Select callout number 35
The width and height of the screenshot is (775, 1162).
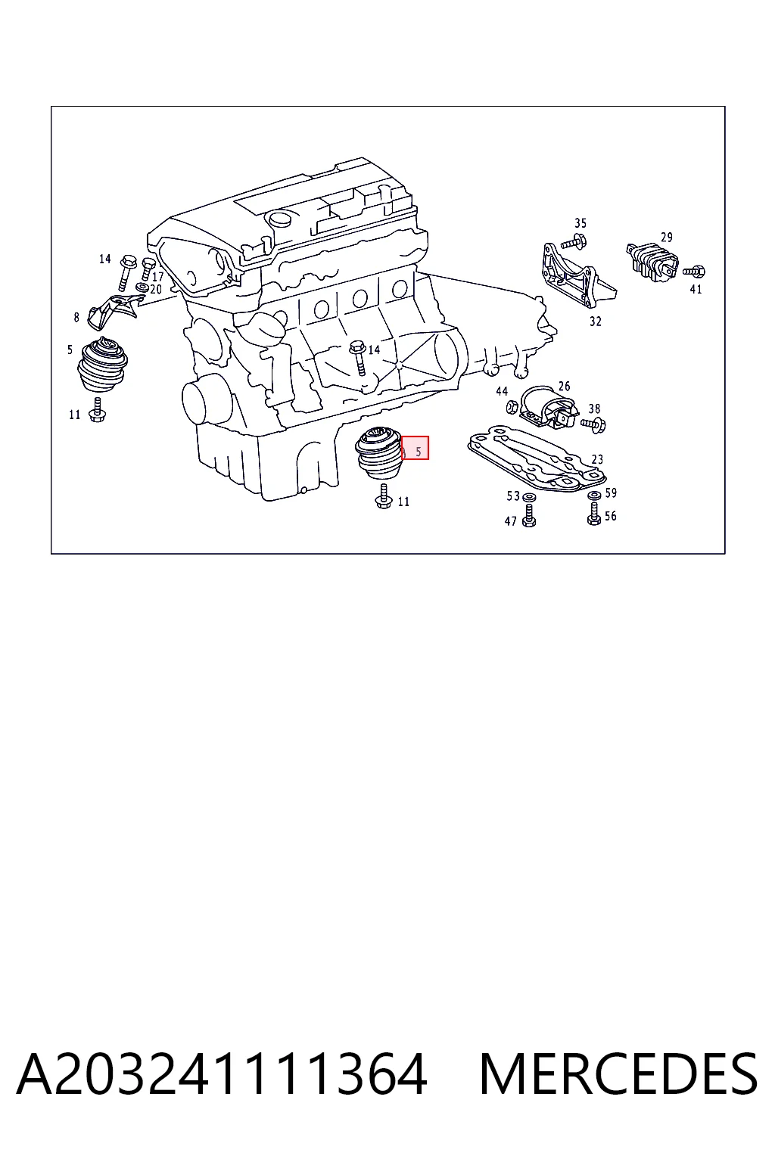click(580, 223)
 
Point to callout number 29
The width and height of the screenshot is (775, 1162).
click(667, 237)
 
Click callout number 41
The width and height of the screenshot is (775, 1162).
click(696, 290)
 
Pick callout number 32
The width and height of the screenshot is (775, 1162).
click(596, 322)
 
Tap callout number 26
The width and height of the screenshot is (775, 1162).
click(565, 386)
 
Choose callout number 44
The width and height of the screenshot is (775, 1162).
click(502, 391)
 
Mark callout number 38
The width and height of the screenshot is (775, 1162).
click(594, 409)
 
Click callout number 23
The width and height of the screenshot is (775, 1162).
click(597, 459)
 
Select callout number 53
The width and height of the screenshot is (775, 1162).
click(513, 496)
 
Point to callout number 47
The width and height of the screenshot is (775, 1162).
click(510, 521)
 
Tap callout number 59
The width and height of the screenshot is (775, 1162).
click(611, 492)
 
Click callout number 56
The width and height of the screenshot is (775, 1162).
click(611, 516)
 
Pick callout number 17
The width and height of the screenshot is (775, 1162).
click(158, 277)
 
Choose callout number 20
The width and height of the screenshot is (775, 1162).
click(156, 290)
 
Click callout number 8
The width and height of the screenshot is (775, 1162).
click(76, 317)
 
